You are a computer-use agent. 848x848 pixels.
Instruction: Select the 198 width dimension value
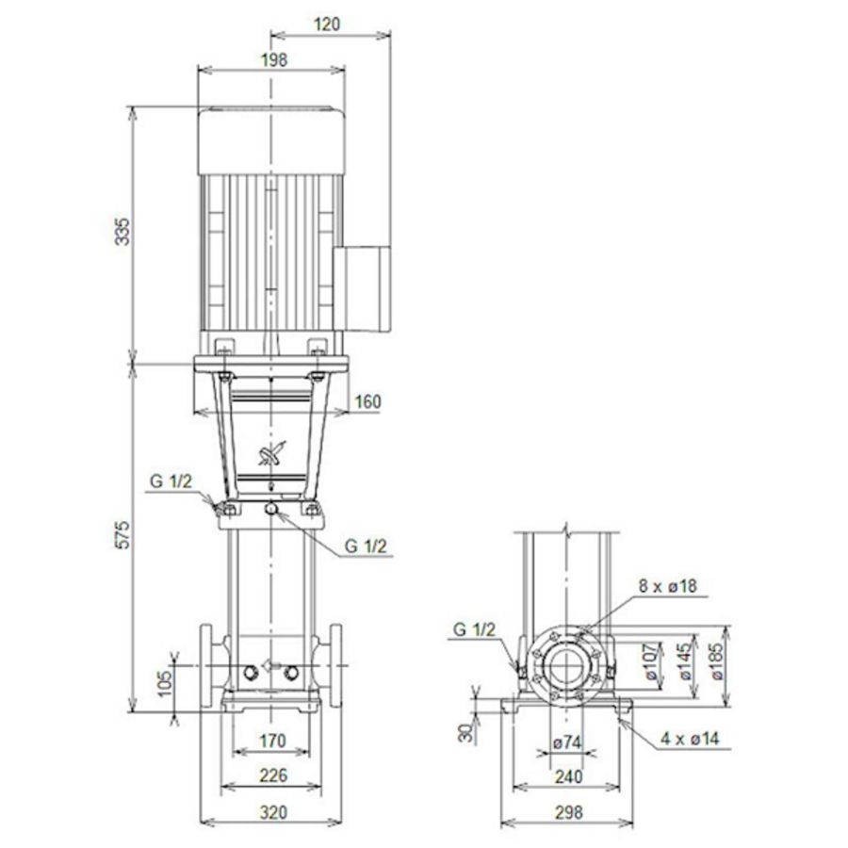point(271,59)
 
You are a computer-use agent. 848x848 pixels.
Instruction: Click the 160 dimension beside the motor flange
point(367,402)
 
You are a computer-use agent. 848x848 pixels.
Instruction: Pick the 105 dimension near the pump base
point(164,679)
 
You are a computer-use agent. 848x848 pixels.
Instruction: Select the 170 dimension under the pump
point(271,742)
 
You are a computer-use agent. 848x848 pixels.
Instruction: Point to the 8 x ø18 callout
point(666,586)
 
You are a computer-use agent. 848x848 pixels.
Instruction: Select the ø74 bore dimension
point(565,742)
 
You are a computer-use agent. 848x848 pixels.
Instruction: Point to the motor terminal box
point(363,287)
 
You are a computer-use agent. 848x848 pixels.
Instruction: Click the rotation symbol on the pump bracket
point(272,455)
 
